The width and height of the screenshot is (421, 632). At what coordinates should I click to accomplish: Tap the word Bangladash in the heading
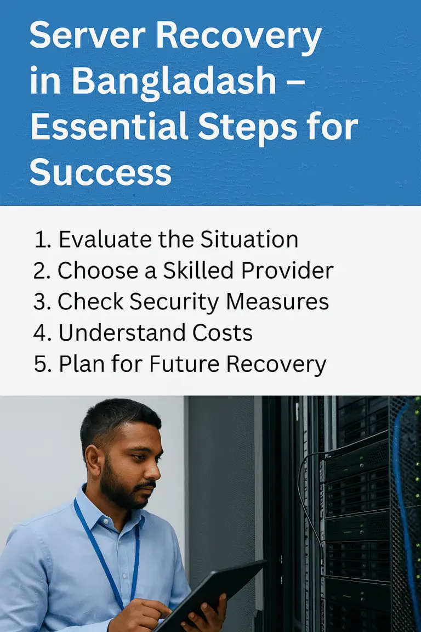click(174, 81)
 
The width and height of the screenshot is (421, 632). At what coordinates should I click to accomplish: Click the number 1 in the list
click(39, 240)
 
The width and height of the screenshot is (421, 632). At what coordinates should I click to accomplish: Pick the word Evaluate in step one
click(99, 240)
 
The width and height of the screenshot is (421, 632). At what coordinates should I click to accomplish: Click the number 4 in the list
click(42, 333)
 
